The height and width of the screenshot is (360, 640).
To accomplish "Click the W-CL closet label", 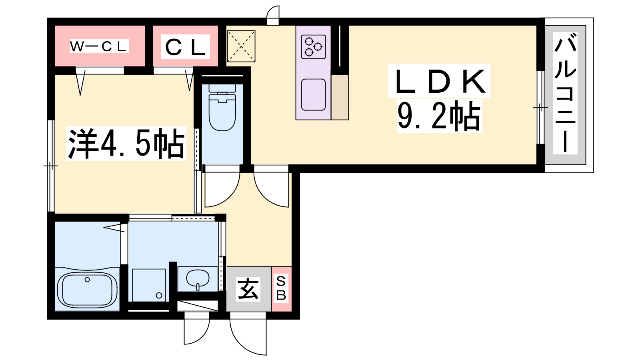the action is [99, 46].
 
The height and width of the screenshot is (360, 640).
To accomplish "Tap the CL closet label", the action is [186, 47].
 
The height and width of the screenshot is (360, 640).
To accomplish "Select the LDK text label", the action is [439, 81].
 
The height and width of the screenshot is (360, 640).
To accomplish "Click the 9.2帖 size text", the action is [439, 116].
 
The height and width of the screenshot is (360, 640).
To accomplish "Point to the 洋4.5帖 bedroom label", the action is [126, 144].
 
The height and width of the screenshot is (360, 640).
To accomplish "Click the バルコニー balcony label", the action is [565, 93].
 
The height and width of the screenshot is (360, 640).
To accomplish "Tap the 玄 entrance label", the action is [248, 289].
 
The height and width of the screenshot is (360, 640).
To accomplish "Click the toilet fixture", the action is [222, 108].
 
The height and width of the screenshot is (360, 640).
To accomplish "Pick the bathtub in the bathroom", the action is [87, 290].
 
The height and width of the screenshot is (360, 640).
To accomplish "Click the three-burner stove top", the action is [313, 47].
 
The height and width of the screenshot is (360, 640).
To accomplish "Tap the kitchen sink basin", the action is [313, 94].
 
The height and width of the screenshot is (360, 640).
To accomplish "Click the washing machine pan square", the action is [149, 285].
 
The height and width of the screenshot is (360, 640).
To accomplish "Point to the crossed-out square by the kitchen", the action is [241, 46].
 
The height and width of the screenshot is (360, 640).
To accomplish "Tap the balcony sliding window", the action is [540, 108].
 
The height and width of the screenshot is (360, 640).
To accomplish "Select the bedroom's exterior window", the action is [50, 166].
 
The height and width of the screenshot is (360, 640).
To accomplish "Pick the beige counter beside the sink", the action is [340, 97].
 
